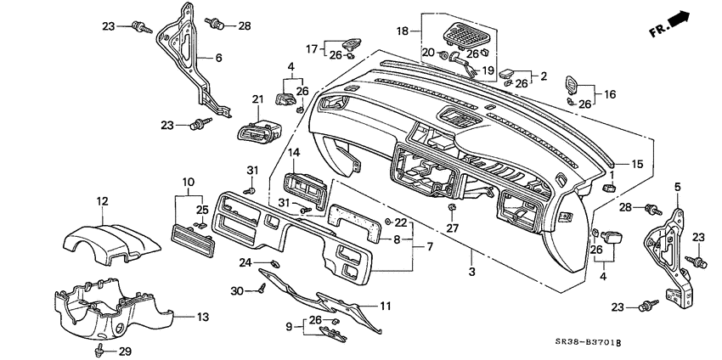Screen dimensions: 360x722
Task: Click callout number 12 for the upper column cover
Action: point(102,201)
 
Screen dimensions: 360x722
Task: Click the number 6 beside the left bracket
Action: point(218,58)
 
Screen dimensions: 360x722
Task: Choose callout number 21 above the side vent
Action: point(257,100)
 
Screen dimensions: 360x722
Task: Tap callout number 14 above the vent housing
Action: point(293,153)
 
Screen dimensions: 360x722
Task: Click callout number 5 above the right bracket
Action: point(677,186)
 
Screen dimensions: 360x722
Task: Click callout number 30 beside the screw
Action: point(238,291)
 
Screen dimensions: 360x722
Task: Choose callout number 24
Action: point(245,262)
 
